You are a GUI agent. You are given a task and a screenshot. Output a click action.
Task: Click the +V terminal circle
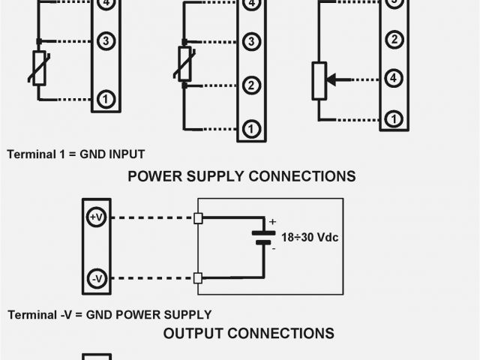click(97, 217)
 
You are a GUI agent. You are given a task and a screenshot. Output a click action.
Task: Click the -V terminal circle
click(97, 278)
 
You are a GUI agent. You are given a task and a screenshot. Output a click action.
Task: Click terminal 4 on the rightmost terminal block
click(391, 78)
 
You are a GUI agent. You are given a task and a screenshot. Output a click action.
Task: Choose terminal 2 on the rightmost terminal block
click(391, 39)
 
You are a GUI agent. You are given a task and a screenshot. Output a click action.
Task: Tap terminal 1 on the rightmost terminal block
click(391, 118)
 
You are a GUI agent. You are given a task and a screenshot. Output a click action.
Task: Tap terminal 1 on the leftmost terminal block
click(106, 98)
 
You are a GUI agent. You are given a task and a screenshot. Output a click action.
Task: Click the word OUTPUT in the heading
click(194, 333)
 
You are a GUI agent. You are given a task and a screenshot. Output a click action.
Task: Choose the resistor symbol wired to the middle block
click(184, 63)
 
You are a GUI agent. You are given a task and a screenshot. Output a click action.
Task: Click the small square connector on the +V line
click(198, 218)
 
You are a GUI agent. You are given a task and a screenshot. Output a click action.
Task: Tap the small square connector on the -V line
click(198, 278)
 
